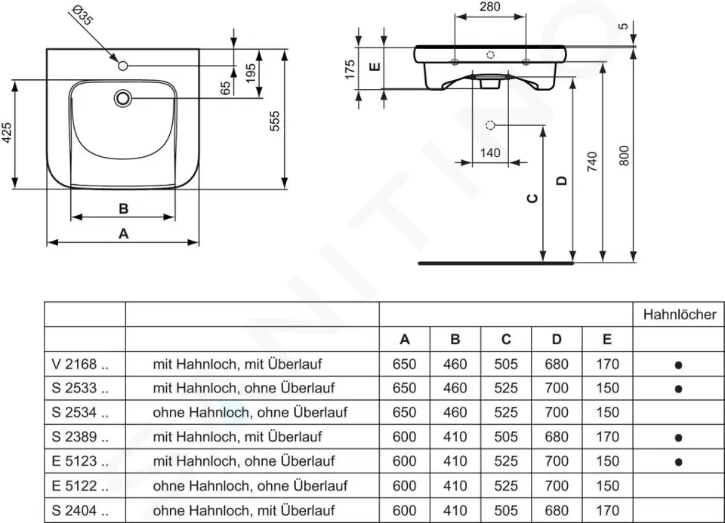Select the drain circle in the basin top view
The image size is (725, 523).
(123, 98)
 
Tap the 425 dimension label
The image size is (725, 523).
(7, 134)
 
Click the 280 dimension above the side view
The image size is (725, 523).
(490, 7)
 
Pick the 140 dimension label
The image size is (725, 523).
(490, 152)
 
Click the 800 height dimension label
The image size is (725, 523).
(624, 157)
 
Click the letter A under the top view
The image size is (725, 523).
(124, 234)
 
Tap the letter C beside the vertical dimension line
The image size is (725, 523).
(532, 198)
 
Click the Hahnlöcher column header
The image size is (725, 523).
(679, 315)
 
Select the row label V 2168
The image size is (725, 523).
(82, 364)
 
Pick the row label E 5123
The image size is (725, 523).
(82, 461)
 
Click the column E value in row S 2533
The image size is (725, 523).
(607, 388)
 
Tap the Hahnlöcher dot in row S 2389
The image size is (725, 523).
(678, 437)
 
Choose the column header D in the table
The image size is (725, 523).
(557, 340)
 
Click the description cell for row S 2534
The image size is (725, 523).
(250, 412)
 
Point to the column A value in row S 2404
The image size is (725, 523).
(405, 509)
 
